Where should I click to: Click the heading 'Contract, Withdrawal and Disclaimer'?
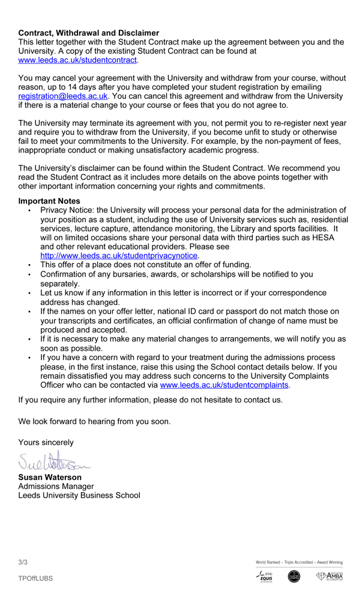click(x=89, y=33)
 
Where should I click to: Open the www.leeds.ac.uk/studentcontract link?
click(x=78, y=60)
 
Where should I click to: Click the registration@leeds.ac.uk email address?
click(x=63, y=96)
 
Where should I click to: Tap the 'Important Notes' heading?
click(x=49, y=201)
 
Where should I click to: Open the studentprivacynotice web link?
click(x=119, y=256)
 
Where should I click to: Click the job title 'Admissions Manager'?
click(x=56, y=486)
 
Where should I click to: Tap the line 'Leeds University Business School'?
click(x=79, y=496)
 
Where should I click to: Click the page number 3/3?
click(x=23, y=562)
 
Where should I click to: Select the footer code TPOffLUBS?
click(x=35, y=578)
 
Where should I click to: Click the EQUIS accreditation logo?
click(x=265, y=577)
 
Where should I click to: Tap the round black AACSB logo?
click(x=294, y=577)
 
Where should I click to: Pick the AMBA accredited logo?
click(x=330, y=577)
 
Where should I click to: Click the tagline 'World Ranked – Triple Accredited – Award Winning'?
click(x=299, y=562)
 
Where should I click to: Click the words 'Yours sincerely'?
click(x=46, y=442)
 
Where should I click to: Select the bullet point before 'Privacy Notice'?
click(x=29, y=211)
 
